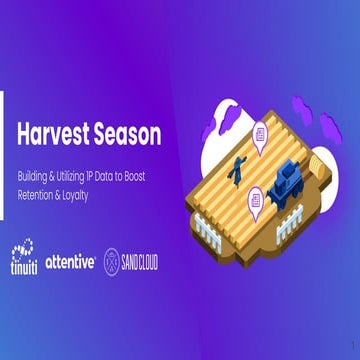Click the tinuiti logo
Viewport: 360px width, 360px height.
tap(26, 258)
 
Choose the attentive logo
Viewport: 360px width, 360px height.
tap(71, 262)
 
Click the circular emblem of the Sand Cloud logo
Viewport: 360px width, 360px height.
tap(114, 261)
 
